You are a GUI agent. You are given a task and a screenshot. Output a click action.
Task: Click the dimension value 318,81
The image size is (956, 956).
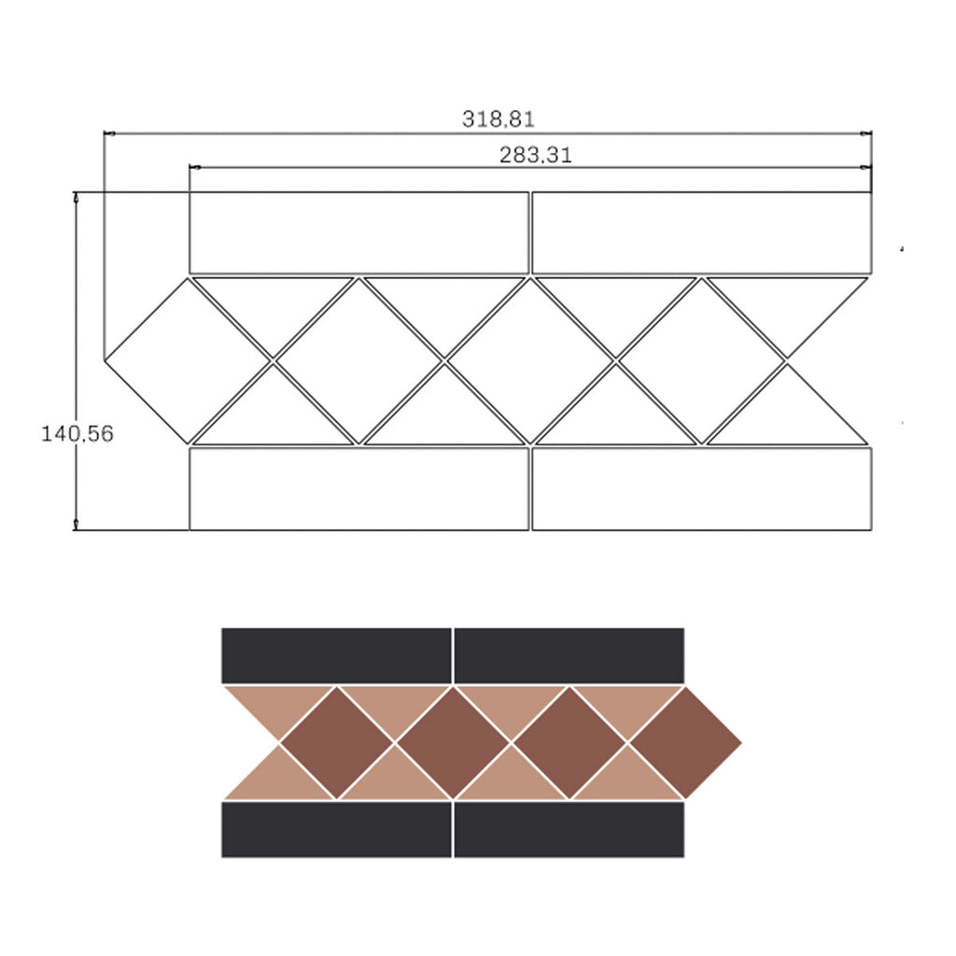click(499, 119)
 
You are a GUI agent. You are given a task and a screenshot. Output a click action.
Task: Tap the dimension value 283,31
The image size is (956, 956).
click(536, 155)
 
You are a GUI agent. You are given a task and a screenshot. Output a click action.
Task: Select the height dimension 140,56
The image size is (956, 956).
click(77, 433)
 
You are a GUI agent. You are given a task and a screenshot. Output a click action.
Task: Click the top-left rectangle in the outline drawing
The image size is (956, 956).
click(358, 232)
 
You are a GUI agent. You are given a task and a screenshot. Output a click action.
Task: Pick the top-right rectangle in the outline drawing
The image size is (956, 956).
click(702, 232)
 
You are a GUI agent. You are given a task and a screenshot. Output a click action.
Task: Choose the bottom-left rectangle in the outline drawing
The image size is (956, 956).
click(358, 489)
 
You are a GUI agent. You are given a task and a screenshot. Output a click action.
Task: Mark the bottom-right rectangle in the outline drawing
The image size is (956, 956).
click(702, 489)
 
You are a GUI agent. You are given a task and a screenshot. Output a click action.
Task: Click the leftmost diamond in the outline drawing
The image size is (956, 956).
click(188, 361)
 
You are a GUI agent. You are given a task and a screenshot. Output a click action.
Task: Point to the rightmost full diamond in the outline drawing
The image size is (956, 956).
click(701, 361)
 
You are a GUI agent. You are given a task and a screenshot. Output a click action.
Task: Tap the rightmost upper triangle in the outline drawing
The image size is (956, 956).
click(787, 305)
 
